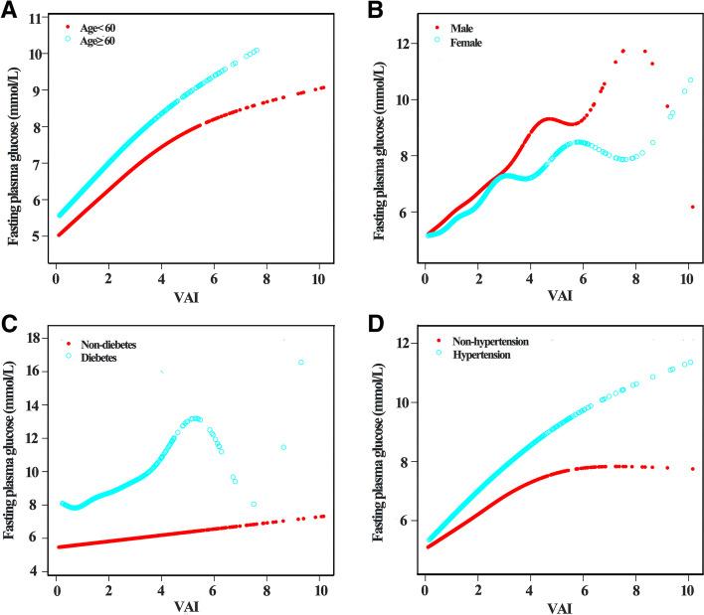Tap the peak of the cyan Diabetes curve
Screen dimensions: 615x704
point(195,418)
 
